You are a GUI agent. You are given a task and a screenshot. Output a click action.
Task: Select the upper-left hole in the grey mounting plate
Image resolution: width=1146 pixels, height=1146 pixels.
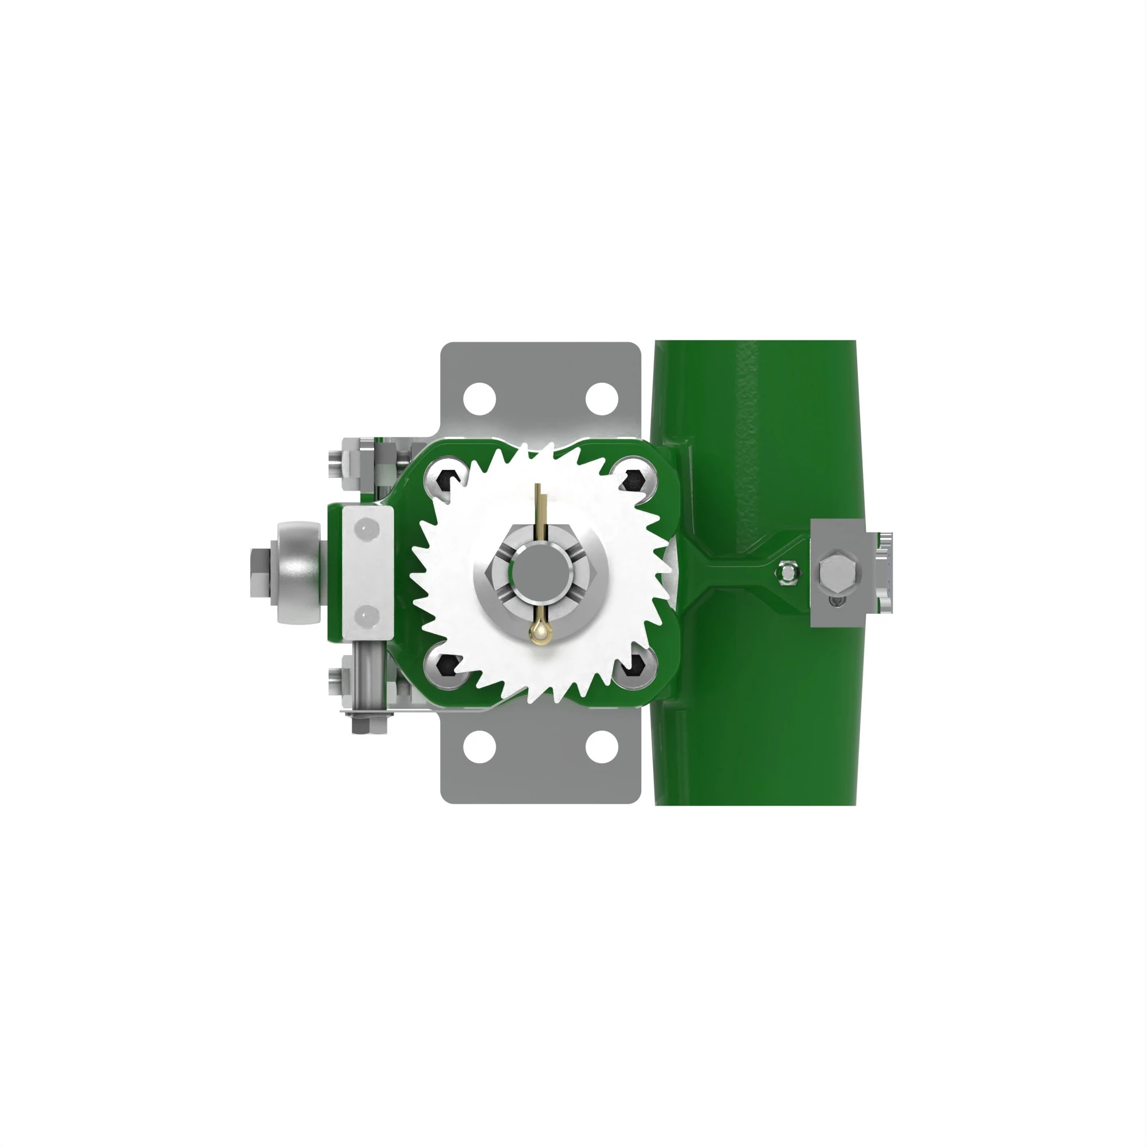click(479, 399)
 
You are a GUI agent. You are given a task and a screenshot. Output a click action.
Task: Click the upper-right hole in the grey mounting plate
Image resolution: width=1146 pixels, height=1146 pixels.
click(602, 399)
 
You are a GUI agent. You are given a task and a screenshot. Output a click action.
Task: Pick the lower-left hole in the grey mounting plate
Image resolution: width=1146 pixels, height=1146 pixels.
click(479, 747)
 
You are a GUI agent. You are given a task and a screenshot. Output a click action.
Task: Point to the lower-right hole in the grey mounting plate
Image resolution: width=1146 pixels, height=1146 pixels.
click(602, 747)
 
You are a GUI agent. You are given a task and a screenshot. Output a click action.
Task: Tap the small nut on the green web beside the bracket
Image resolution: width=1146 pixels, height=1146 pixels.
click(787, 572)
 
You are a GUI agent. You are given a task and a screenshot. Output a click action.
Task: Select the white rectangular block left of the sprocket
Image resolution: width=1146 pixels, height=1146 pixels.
click(367, 572)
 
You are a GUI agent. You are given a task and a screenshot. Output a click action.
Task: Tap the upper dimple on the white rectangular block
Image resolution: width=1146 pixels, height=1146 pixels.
click(367, 527)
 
